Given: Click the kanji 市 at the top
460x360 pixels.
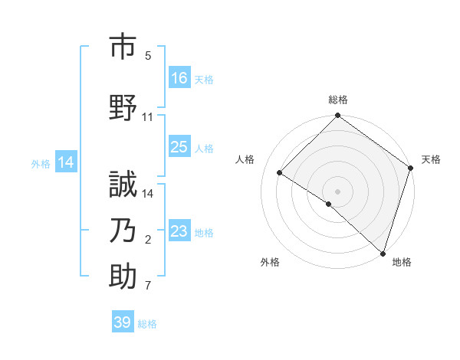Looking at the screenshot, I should (x=123, y=48).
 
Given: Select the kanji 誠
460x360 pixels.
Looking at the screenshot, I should (x=123, y=186).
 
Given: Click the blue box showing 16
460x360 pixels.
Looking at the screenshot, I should (x=179, y=77).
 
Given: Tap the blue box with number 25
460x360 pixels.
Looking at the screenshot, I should (x=179, y=147).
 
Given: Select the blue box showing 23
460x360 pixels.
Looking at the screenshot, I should (x=179, y=231).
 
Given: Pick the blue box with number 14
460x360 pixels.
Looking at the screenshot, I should (x=66, y=162).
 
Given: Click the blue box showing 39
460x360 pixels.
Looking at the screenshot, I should (x=123, y=322).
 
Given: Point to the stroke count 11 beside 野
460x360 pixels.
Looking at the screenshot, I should (x=148, y=117).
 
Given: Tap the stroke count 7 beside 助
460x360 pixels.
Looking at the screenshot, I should (x=148, y=286).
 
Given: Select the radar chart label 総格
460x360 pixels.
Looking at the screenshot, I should (x=337, y=100).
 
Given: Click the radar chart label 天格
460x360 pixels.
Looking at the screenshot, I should (x=431, y=159).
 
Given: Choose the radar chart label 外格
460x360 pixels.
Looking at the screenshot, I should (x=270, y=262).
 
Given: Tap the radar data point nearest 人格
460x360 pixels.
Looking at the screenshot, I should (x=280, y=173).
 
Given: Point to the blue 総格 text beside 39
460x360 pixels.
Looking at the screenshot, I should (x=147, y=324).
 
